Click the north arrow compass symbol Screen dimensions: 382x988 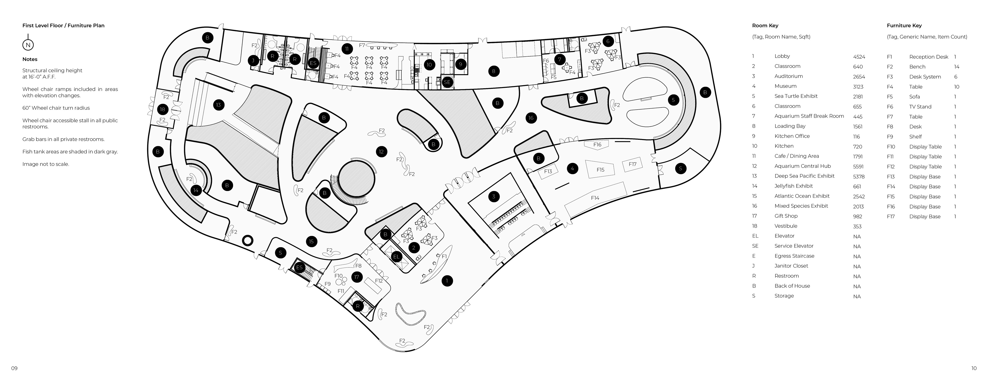click(28, 45)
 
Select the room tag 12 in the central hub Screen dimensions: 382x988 click(381, 152)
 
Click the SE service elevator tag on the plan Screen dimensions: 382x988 click(447, 82)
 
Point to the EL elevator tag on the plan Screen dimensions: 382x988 click(396, 257)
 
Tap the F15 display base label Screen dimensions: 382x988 click(600, 170)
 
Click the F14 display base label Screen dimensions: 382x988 click(595, 198)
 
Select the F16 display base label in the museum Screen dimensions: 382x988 click(597, 145)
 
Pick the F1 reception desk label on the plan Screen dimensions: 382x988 click(444, 256)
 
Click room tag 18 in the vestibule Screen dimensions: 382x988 click(163, 109)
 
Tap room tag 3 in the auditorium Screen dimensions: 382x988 click(494, 197)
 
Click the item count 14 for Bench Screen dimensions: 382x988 click(957, 67)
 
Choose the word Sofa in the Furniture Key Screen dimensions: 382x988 click(914, 97)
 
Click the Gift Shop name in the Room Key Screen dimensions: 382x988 click(786, 216)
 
